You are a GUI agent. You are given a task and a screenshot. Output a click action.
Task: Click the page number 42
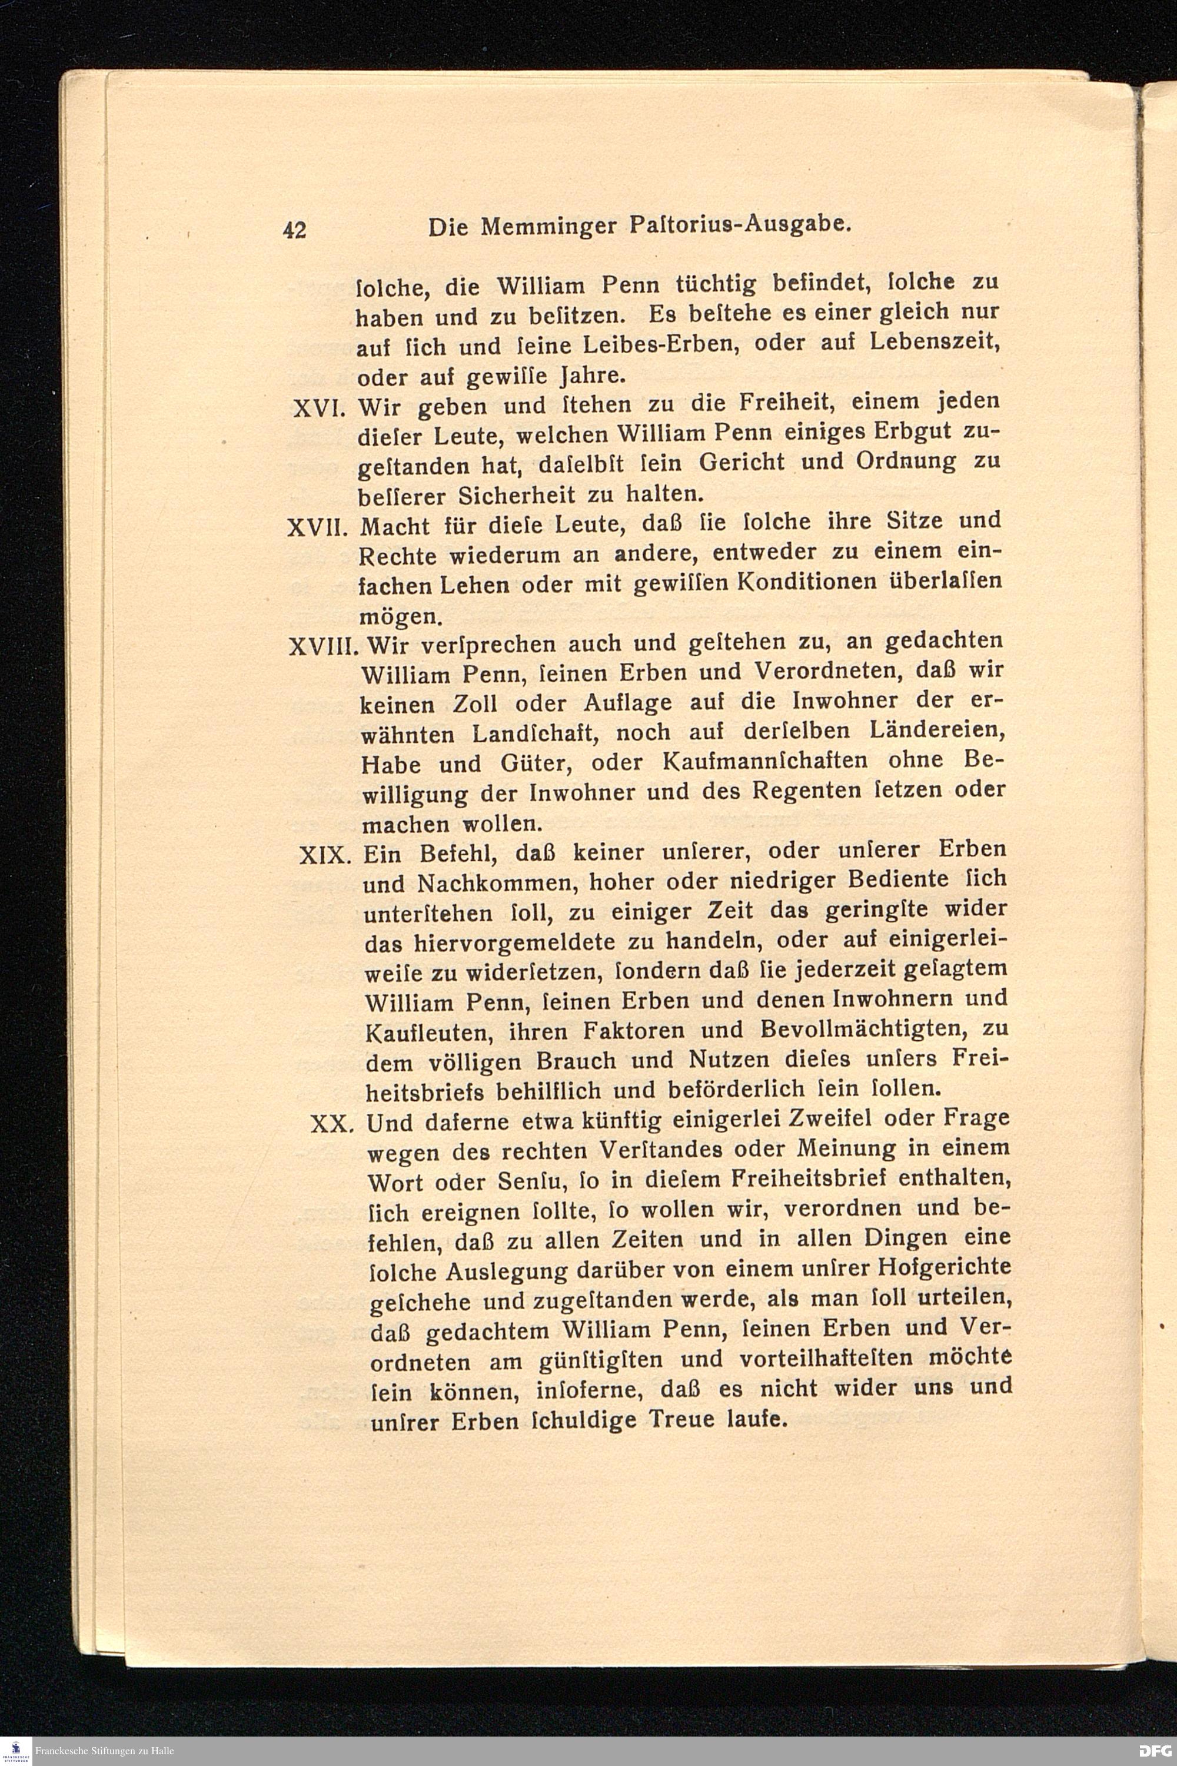pos(294,229)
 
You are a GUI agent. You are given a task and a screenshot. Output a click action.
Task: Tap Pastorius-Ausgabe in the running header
pos(739,224)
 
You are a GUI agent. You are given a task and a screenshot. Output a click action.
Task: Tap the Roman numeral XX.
pos(330,1124)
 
